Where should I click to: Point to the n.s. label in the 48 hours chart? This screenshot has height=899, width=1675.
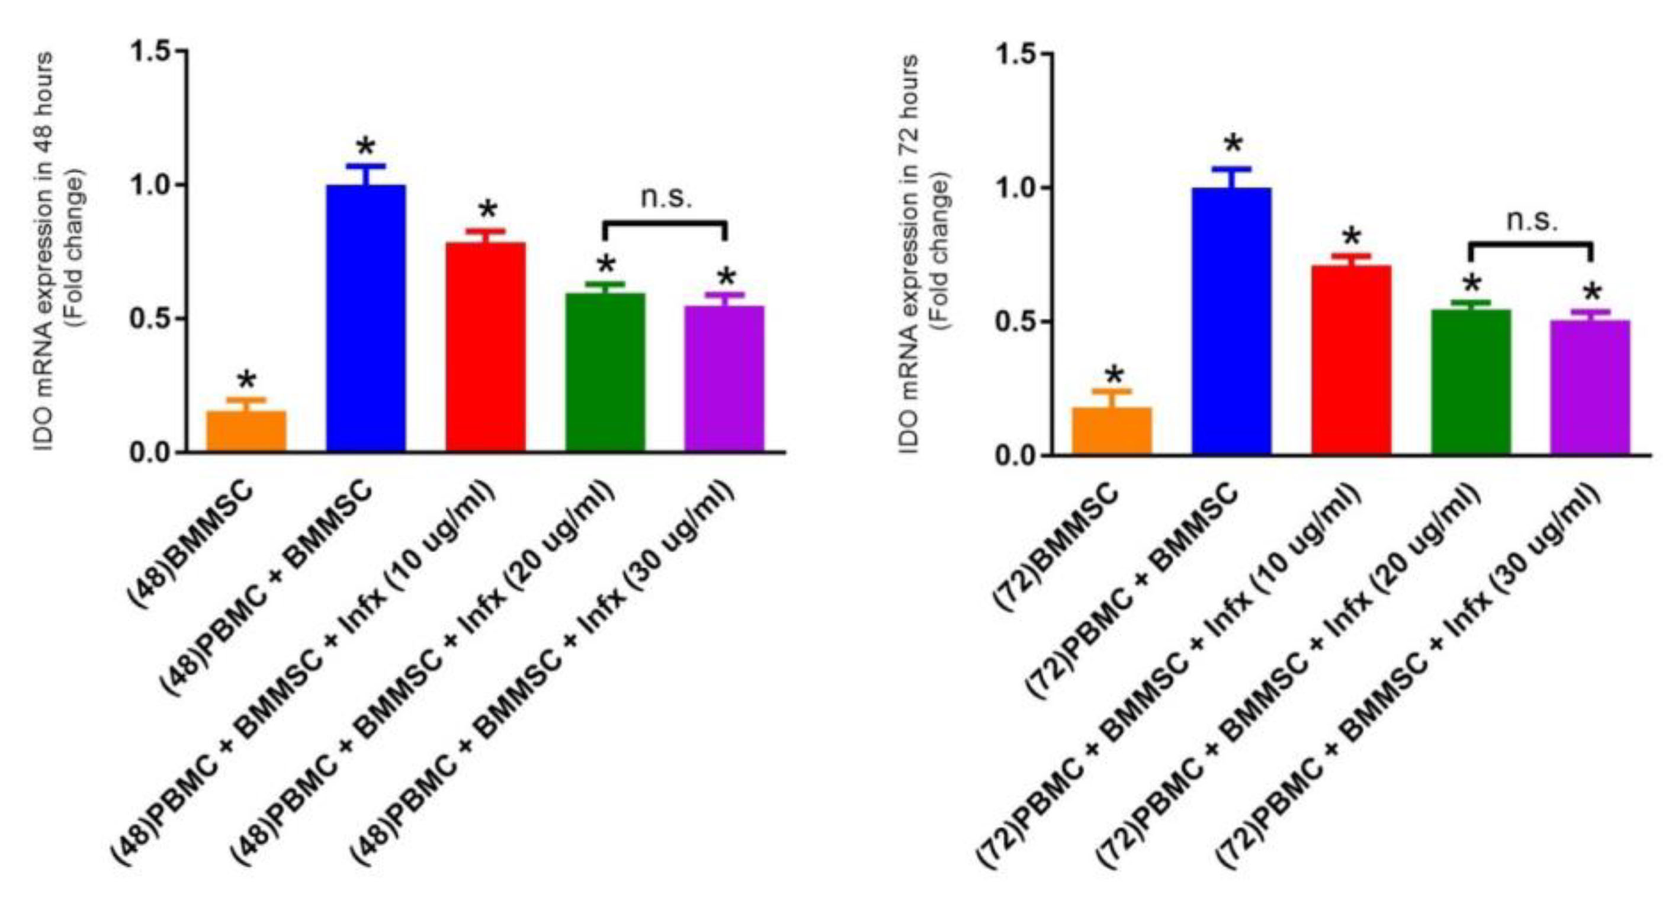pos(666,197)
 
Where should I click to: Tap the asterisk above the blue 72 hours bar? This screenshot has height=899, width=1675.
pos(1232,145)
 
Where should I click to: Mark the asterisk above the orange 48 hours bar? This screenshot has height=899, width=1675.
pos(246,380)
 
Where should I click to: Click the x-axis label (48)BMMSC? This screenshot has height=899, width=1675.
pos(192,543)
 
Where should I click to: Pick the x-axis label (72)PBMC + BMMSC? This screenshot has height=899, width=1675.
pos(1131,588)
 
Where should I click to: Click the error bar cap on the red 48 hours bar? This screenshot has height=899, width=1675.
pos(485,231)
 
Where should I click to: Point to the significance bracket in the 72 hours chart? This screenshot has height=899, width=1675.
pos(1530,245)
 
